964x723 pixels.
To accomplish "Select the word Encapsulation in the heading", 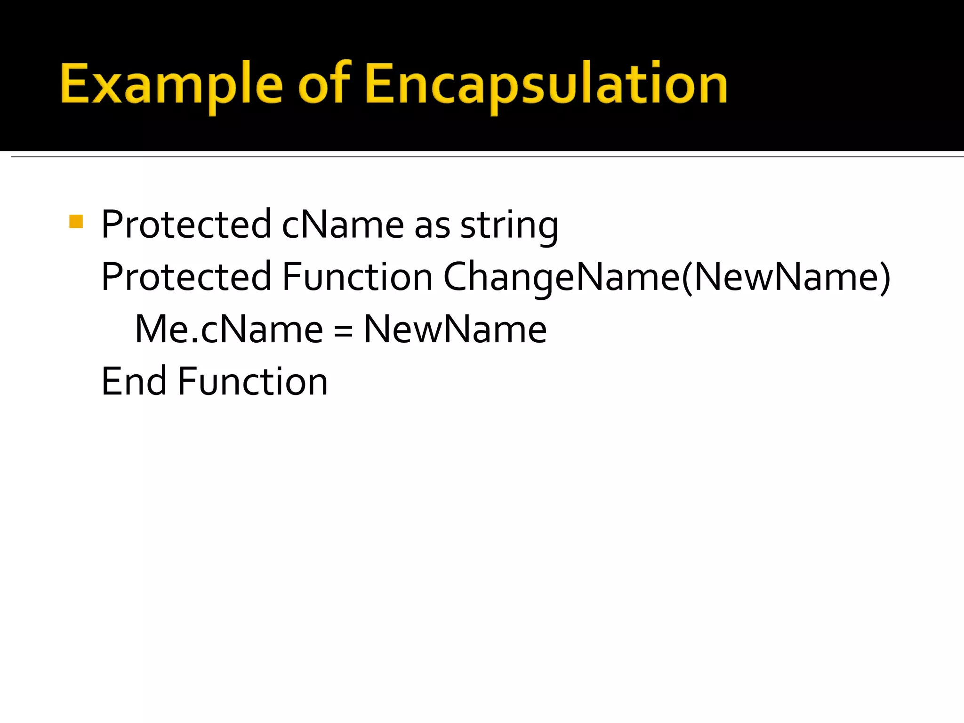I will [546, 85].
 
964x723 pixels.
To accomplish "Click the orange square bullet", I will [76, 221].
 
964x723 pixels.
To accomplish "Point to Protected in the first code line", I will [186, 225].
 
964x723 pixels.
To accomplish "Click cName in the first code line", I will [343, 225].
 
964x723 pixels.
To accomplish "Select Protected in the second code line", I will [186, 277].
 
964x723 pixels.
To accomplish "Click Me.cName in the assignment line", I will [229, 329].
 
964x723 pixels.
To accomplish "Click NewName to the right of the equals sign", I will [455, 329].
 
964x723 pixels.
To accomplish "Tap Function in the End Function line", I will [253, 381].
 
